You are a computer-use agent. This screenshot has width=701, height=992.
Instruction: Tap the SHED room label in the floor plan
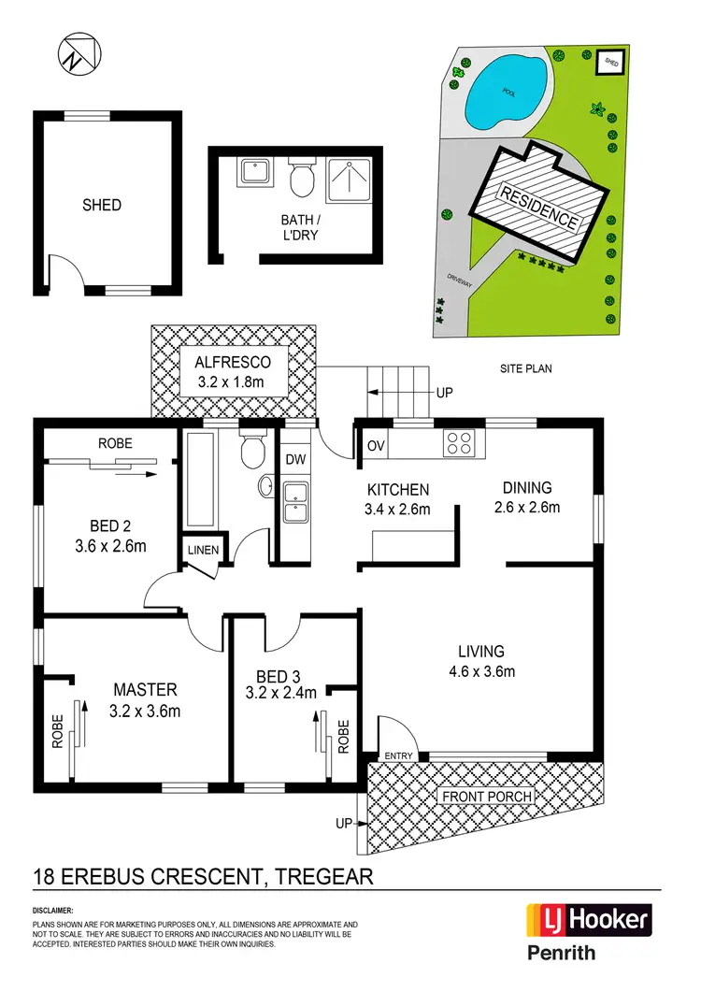[x=102, y=205]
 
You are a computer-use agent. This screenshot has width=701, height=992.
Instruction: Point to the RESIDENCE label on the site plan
[x=539, y=208]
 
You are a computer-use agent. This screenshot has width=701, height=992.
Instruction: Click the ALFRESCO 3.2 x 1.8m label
[x=233, y=372]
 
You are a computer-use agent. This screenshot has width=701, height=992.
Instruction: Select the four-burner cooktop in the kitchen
[x=459, y=441]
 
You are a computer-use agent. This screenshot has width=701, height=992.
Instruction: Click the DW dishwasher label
[x=295, y=459]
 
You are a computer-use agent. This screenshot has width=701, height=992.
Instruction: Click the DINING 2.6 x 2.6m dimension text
[x=527, y=508]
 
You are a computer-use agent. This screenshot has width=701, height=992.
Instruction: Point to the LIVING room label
[x=481, y=651]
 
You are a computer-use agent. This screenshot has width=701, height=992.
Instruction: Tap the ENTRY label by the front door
[x=397, y=755]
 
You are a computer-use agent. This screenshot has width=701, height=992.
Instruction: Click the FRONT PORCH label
[x=487, y=797]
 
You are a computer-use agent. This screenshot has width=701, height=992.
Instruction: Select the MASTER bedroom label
[x=145, y=690]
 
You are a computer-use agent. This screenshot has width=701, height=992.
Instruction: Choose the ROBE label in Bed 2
[x=116, y=443]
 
